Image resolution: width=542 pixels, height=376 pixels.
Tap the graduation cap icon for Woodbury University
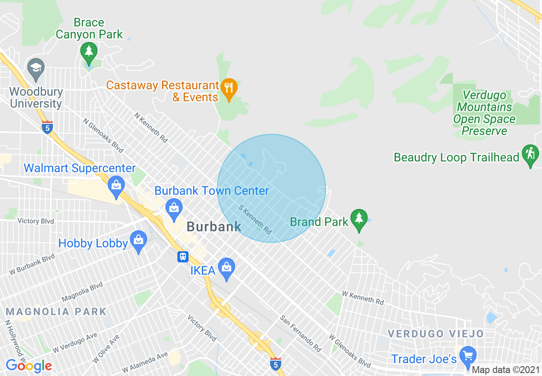pyautogui.click(x=35, y=68)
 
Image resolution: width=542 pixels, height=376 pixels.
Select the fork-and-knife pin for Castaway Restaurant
pyautogui.click(x=230, y=88)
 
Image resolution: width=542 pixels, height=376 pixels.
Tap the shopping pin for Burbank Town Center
pyautogui.click(x=174, y=209)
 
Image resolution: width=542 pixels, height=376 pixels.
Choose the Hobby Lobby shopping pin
pyautogui.click(x=138, y=241)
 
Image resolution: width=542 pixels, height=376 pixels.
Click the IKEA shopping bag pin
pyautogui.click(x=227, y=268)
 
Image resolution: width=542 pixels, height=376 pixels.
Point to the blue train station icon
pyautogui.click(x=183, y=256)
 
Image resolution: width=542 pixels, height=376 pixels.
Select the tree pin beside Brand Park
pyautogui.click(x=359, y=218)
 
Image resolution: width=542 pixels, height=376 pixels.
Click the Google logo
pyautogui.click(x=29, y=366)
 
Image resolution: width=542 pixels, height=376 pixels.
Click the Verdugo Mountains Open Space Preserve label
pyautogui.click(x=484, y=113)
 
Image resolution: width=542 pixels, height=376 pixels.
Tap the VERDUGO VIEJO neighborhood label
pyautogui.click(x=436, y=334)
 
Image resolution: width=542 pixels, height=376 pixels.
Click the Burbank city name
pyautogui.click(x=214, y=226)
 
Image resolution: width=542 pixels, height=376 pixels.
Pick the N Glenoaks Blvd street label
pyautogui.click(x=103, y=135)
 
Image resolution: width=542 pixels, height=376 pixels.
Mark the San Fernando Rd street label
pyautogui.click(x=300, y=334)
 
